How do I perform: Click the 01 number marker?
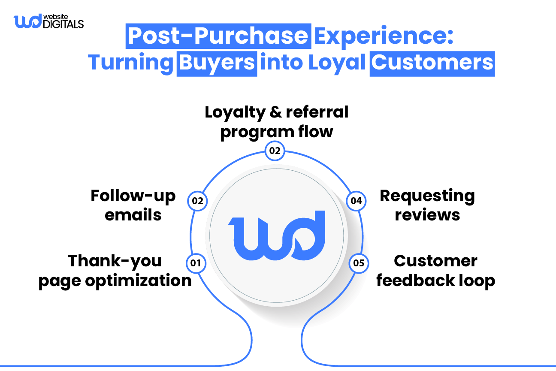pos(196,262)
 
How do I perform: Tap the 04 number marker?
pos(356,200)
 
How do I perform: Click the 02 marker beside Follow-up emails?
pos(198,200)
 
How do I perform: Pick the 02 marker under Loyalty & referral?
pos(275,151)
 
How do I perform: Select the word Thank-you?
pos(115,261)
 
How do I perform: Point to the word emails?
pos(133,214)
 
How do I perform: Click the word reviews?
pos(427,214)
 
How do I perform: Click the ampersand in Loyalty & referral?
pos(276,112)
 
